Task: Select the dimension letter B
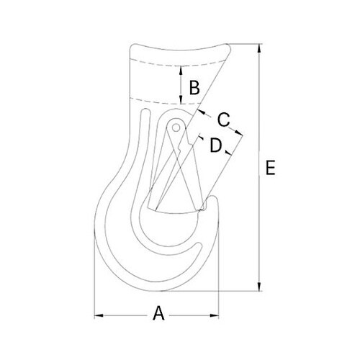tap(193, 88)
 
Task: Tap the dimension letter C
tap(223, 119)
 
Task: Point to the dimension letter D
tap(215, 145)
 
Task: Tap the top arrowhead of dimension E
tap(259, 48)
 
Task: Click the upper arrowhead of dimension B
tap(180, 70)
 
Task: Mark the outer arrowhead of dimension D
tap(228, 152)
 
